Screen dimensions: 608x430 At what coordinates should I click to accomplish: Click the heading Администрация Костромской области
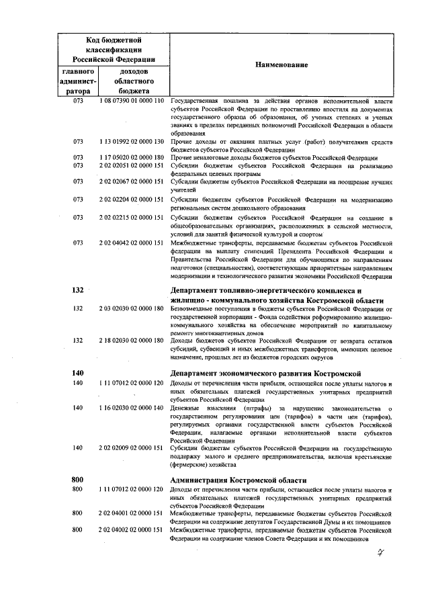(239, 480)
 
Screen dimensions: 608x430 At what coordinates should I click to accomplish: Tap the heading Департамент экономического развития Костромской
(265, 374)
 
